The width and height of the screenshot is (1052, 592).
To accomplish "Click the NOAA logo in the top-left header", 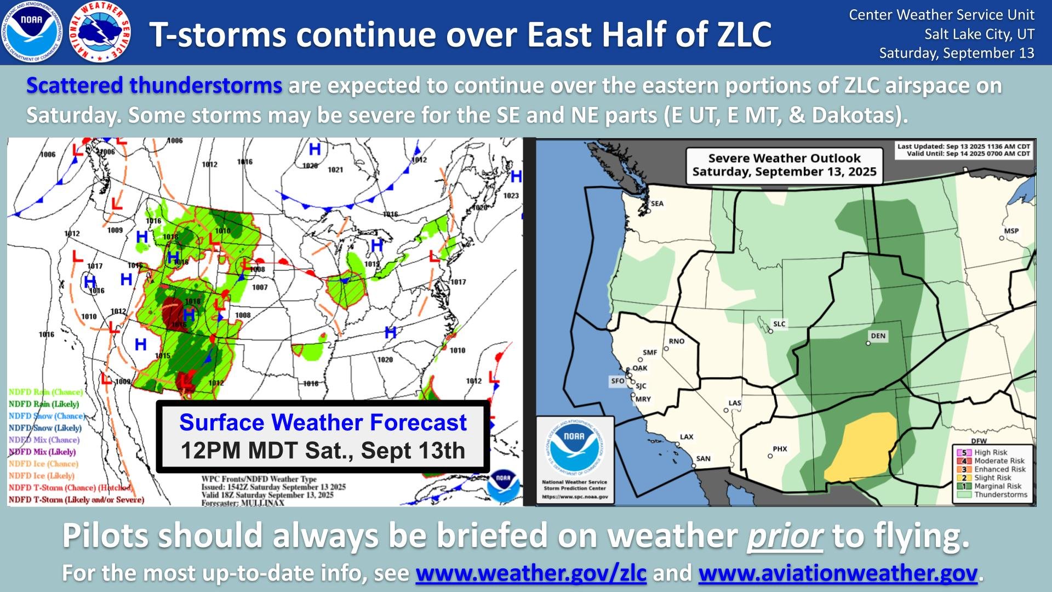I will coord(31,32).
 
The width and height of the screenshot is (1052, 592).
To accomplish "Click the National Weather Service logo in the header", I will coord(100,32).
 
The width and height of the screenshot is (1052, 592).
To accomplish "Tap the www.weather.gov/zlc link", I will coord(531,573).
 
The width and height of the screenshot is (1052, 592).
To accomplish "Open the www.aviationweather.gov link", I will coord(838,573).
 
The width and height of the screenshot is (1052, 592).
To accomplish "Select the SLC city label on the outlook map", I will coord(779,324).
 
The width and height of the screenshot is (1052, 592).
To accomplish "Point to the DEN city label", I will coord(878,336).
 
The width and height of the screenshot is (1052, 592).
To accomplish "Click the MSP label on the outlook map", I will coord(1011,231).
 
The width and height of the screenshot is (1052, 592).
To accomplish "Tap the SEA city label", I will coord(657,204).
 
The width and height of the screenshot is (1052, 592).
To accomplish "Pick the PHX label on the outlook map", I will coord(780,449).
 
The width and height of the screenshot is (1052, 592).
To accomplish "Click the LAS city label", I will coord(735,403).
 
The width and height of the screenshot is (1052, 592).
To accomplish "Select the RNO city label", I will coord(677,341).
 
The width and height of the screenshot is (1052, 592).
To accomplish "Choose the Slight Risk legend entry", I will coord(991,478).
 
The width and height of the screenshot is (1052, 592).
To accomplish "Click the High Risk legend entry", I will coord(990,453).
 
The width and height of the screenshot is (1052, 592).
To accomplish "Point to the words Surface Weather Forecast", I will coord(323,423).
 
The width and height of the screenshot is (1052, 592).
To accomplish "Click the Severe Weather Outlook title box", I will coord(784,165).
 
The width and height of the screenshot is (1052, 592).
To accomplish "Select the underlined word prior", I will coord(785,536).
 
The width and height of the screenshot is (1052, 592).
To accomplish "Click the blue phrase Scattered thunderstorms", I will coord(154,86).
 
